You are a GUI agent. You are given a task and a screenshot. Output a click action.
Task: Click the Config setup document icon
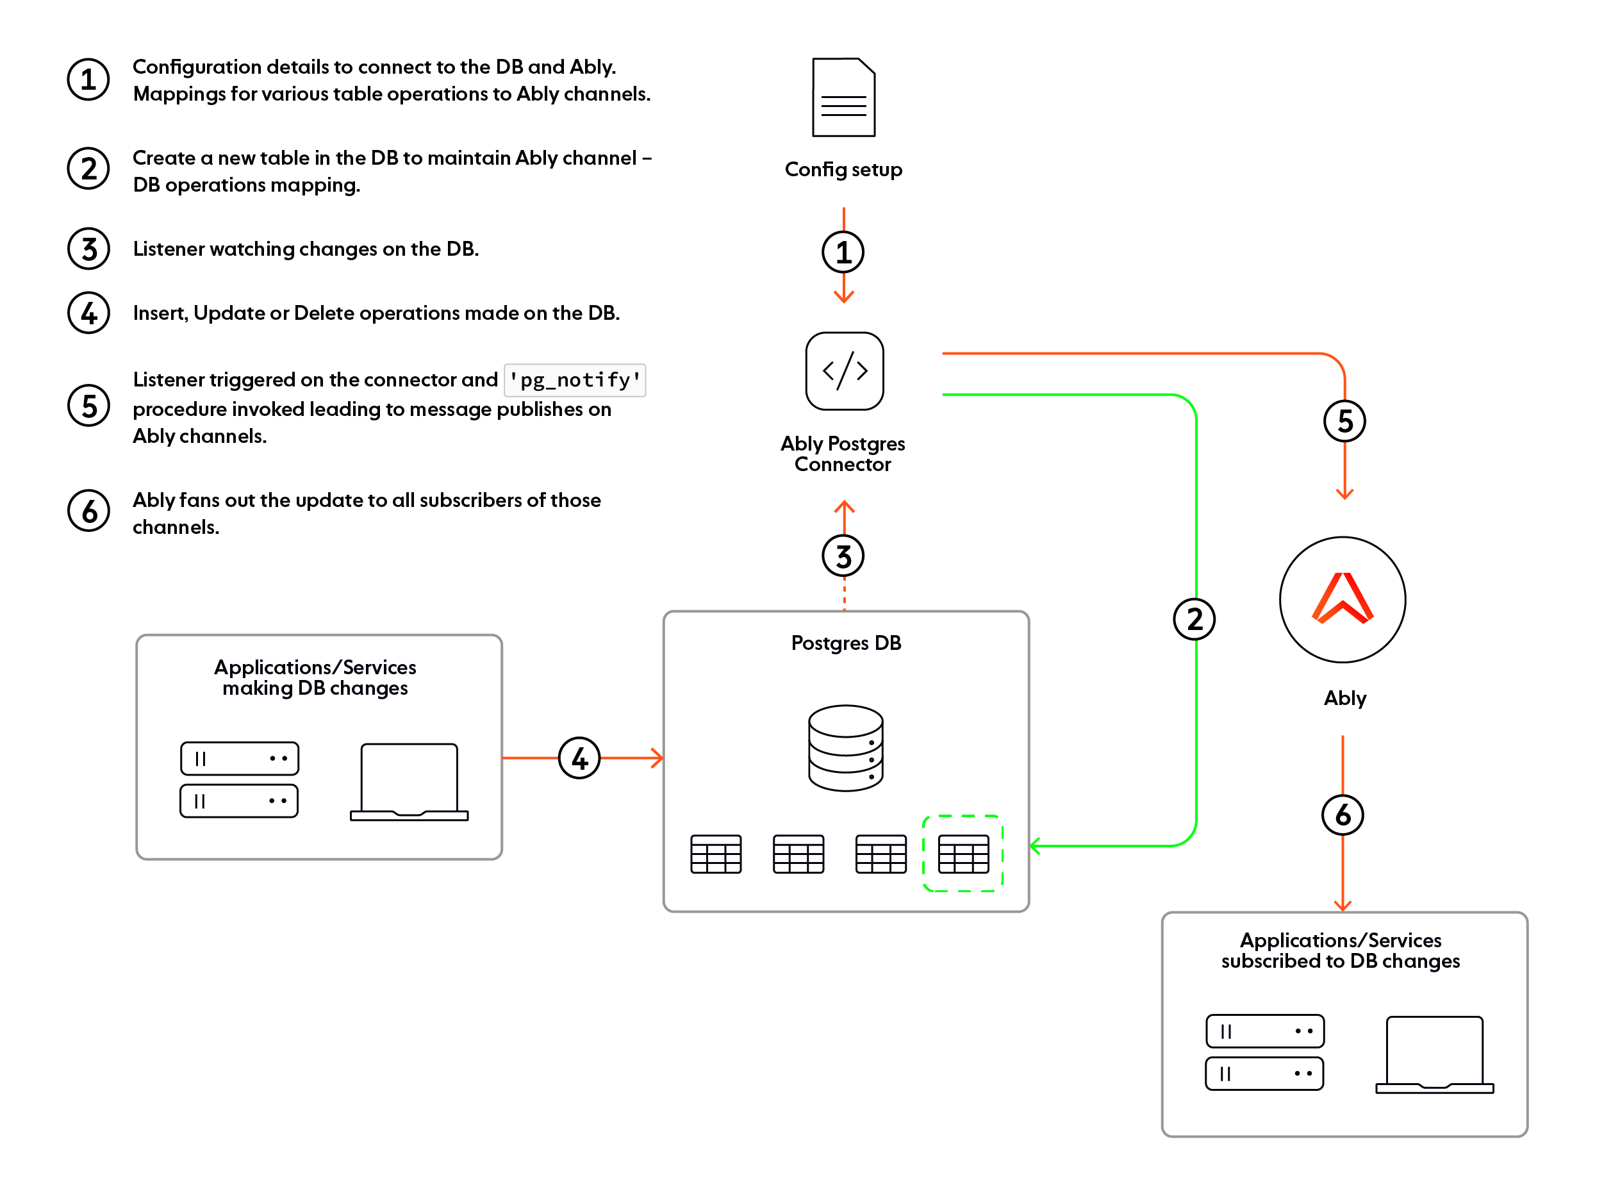[843, 97]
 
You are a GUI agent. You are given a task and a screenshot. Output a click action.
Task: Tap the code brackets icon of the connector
[844, 371]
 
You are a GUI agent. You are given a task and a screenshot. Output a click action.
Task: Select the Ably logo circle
[1343, 600]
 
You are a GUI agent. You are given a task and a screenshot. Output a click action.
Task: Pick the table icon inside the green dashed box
[963, 854]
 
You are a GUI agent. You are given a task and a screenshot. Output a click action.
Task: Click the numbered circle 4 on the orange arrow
[579, 758]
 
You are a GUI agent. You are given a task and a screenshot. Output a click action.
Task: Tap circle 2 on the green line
[1195, 619]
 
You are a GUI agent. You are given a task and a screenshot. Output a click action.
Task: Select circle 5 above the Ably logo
[1344, 421]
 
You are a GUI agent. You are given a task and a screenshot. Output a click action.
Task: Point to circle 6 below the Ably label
[1343, 815]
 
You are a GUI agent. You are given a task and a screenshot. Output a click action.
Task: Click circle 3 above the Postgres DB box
[843, 556]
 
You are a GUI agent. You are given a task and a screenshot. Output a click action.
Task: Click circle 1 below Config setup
[843, 253]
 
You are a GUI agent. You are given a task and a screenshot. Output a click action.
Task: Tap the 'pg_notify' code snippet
[574, 380]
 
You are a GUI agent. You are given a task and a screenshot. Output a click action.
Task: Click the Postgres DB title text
[845, 643]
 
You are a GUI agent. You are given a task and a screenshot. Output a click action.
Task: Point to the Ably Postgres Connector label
[843, 454]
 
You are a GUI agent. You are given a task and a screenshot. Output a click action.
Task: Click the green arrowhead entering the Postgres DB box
[1036, 845]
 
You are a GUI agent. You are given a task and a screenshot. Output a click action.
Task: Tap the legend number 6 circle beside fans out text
[88, 511]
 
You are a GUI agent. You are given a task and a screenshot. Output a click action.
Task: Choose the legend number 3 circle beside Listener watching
[88, 249]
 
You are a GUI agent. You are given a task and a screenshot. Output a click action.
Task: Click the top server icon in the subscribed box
[1264, 1031]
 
